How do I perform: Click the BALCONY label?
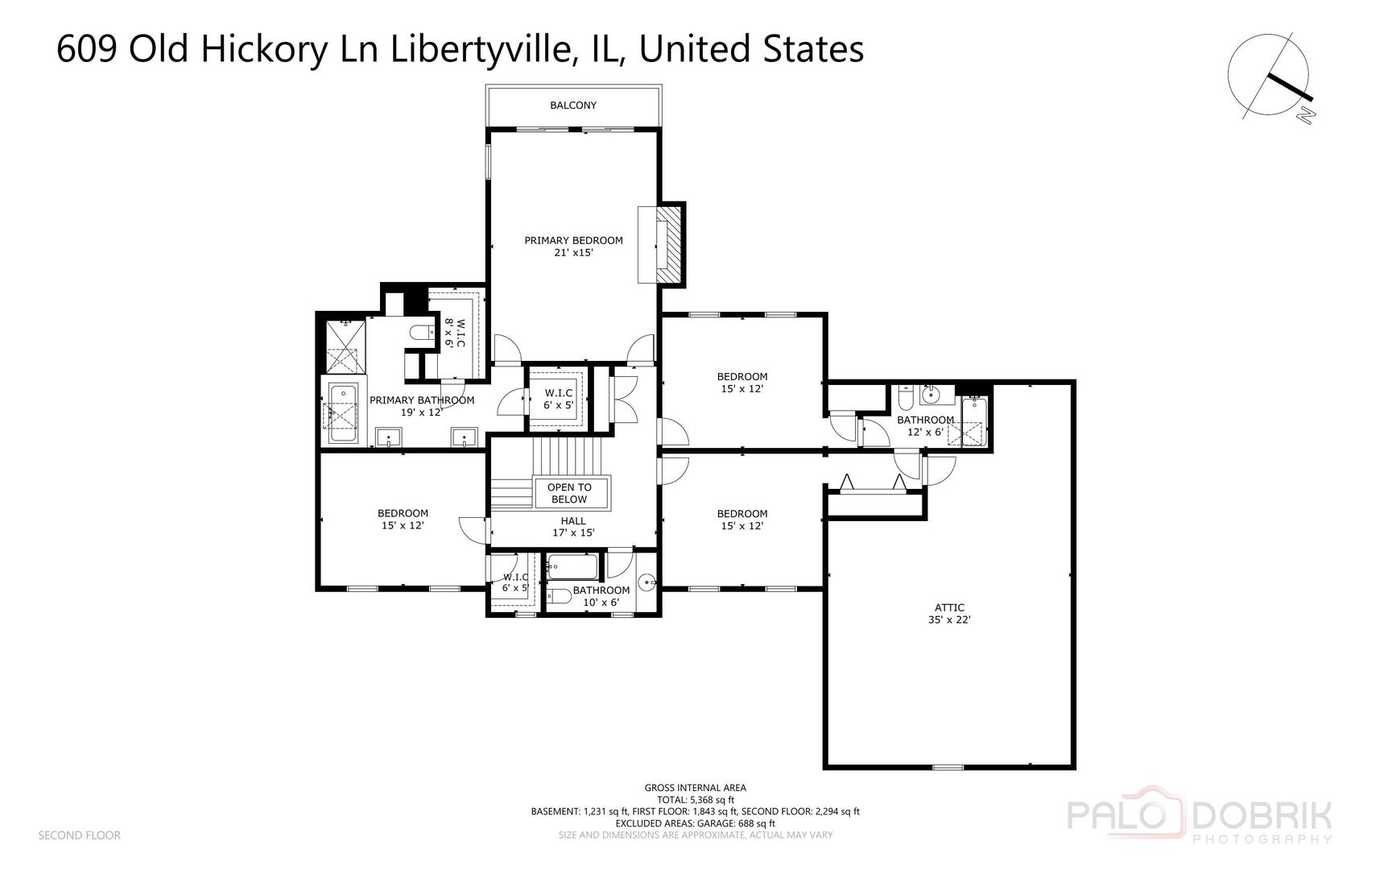pyautogui.click(x=573, y=106)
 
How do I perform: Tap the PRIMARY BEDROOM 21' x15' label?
pyautogui.click(x=573, y=246)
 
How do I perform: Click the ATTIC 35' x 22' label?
pyautogui.click(x=949, y=614)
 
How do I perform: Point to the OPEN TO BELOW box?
pyautogui.click(x=569, y=493)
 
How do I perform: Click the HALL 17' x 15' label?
pyautogui.click(x=573, y=527)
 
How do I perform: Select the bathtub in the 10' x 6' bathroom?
pyautogui.click(x=572, y=567)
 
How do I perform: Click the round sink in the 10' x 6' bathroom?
pyautogui.click(x=646, y=582)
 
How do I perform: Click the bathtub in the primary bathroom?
pyautogui.click(x=342, y=414)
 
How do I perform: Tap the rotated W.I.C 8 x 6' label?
pyautogui.click(x=455, y=333)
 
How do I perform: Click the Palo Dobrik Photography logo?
pyautogui.click(x=1200, y=820)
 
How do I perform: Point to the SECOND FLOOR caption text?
pyautogui.click(x=80, y=835)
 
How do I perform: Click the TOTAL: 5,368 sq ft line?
pyautogui.click(x=695, y=800)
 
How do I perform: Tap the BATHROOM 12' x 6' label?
pyautogui.click(x=925, y=425)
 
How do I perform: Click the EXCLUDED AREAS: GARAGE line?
pyautogui.click(x=695, y=823)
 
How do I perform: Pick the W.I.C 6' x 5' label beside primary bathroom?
pyautogui.click(x=558, y=399)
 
